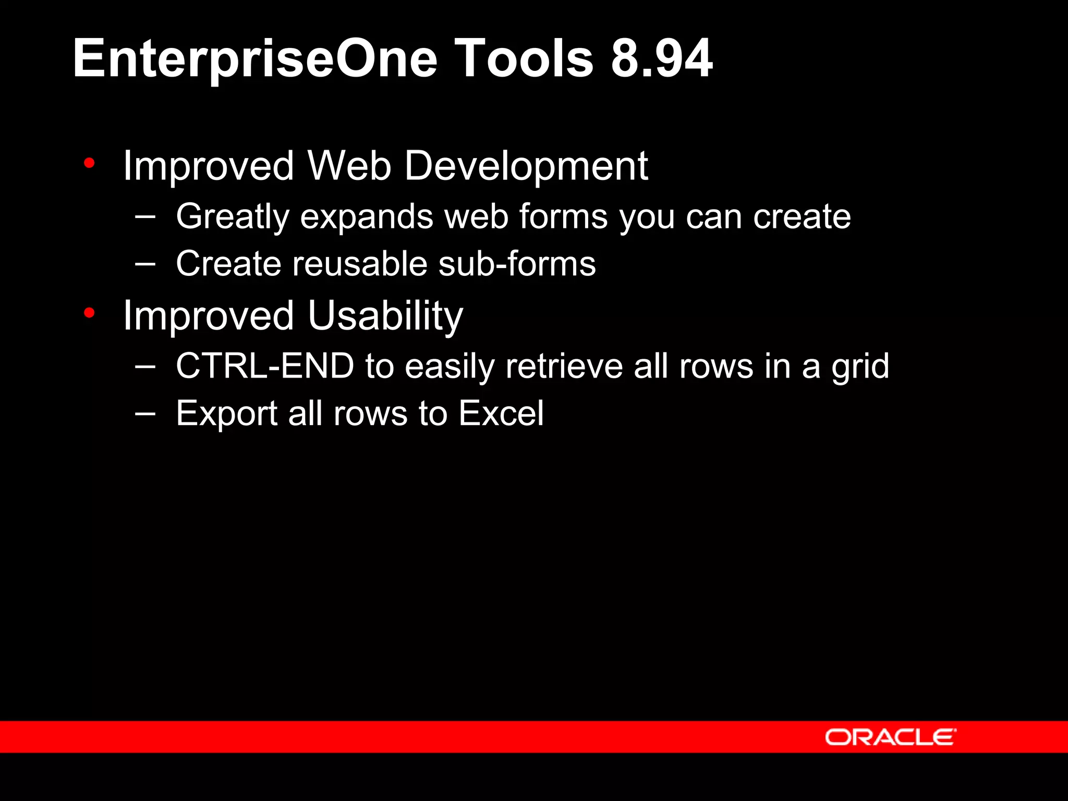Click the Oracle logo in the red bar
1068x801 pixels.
(890, 737)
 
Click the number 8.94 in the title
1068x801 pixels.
(661, 58)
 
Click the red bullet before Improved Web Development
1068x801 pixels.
(89, 163)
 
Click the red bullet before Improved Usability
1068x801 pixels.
(89, 313)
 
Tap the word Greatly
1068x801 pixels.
(232, 217)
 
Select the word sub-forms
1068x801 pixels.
(517, 264)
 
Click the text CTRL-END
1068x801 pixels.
(265, 366)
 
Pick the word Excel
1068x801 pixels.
(501, 414)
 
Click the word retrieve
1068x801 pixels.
(564, 366)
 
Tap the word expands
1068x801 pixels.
(366, 217)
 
